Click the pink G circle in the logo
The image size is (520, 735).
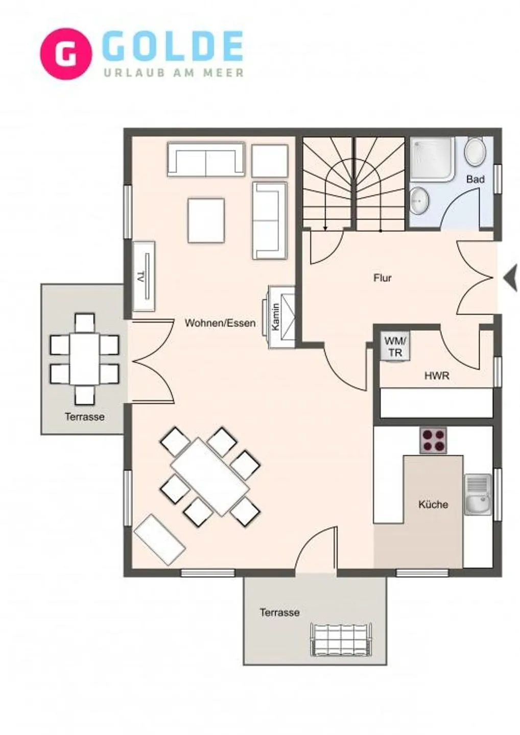(x=66, y=53)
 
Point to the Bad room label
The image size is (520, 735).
(x=475, y=179)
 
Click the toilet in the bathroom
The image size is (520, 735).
(x=475, y=152)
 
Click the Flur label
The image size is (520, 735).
(x=382, y=278)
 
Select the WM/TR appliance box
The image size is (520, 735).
(x=395, y=347)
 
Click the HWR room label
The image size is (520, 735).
(x=437, y=376)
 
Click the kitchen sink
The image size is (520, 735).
(x=478, y=499)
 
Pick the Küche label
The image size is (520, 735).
(x=433, y=504)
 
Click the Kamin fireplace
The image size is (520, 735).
(x=281, y=316)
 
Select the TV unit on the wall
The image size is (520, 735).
(x=144, y=276)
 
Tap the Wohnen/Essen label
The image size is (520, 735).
(x=220, y=323)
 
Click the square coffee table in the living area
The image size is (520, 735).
(x=206, y=220)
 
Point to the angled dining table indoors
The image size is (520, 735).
(x=210, y=477)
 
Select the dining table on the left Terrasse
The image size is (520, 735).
(x=84, y=359)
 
